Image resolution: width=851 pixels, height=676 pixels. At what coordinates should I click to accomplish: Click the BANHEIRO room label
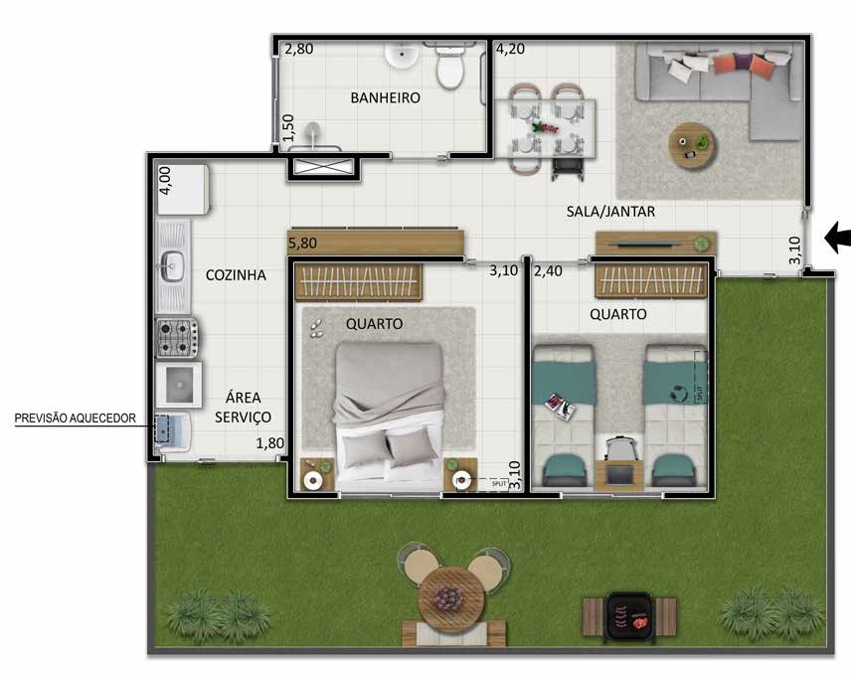coord(385,98)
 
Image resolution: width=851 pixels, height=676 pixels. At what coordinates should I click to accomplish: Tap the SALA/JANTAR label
coord(610,212)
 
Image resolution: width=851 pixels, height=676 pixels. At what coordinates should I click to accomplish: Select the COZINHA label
coord(236,275)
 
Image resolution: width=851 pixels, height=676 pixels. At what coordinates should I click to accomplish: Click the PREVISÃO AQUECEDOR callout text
coord(75,419)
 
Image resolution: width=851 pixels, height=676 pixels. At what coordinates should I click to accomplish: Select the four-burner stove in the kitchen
coord(178,338)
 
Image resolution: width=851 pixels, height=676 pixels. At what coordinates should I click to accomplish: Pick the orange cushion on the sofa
coord(731,64)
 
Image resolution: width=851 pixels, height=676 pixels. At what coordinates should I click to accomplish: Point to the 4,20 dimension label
coord(511,49)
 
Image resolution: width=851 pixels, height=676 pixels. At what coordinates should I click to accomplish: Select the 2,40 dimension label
coord(549,270)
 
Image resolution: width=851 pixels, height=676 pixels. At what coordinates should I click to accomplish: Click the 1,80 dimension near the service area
coord(271,444)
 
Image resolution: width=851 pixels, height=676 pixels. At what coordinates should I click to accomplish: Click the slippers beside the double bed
coord(316,329)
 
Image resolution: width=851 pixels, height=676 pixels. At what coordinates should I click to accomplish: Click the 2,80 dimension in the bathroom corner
coord(299,49)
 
